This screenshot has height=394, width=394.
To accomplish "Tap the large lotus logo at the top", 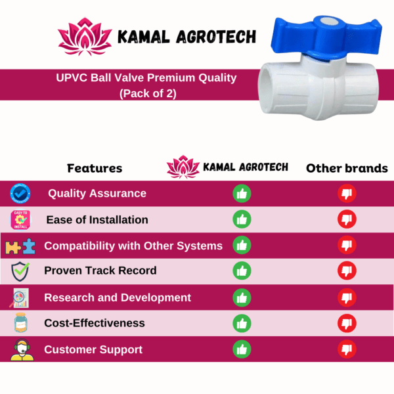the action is (85, 37).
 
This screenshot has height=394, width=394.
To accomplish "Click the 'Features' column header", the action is (95, 168).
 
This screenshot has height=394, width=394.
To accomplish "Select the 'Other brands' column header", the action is (347, 168).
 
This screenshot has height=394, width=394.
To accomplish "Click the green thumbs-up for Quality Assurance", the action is (242, 194).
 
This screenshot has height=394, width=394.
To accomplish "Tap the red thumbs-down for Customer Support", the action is (347, 349).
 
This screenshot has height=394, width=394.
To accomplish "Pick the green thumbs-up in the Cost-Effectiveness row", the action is (242, 323).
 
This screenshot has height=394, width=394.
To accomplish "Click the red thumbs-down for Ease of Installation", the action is (347, 219).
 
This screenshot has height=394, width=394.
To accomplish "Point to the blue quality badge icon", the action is (20, 194).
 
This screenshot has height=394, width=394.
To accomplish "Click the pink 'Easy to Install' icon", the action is (20, 219).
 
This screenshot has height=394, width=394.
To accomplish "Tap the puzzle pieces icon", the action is (20, 246).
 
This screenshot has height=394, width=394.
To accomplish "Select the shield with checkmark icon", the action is (20, 271).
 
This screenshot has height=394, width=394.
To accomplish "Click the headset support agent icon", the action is (22, 349).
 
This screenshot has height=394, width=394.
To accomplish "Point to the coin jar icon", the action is (20, 322).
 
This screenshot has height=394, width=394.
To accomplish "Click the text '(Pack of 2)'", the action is (148, 93).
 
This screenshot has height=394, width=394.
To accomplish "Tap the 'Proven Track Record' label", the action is (100, 271).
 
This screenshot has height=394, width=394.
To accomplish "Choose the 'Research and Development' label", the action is (118, 297).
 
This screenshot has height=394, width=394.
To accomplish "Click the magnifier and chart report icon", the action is (19, 298).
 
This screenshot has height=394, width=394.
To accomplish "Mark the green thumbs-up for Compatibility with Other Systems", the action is (242, 245).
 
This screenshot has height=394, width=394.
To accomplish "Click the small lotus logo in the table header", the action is (183, 167).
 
